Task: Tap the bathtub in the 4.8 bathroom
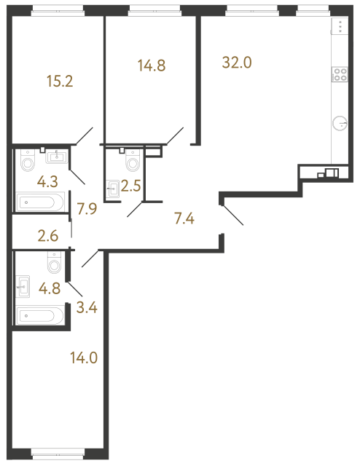click(x=40, y=315)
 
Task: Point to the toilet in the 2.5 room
click(x=132, y=159)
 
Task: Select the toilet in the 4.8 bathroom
click(x=54, y=261)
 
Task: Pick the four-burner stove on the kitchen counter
click(x=340, y=74)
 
